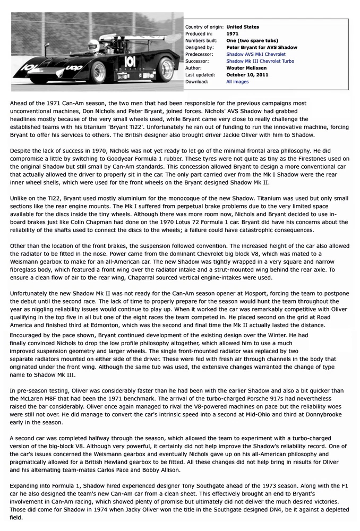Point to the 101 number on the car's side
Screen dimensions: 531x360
coord(130,62)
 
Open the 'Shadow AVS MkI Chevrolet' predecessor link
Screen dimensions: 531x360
coord(255,54)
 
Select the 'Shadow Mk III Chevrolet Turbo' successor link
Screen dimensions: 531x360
coord(260,61)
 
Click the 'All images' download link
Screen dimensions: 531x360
coord(237,82)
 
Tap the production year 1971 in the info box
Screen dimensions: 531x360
coord(232,33)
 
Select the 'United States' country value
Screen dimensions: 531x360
coord(243,27)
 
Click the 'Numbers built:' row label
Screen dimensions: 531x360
coord(202,40)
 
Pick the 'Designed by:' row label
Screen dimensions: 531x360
coord(199,47)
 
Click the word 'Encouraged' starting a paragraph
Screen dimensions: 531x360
coord(30,336)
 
